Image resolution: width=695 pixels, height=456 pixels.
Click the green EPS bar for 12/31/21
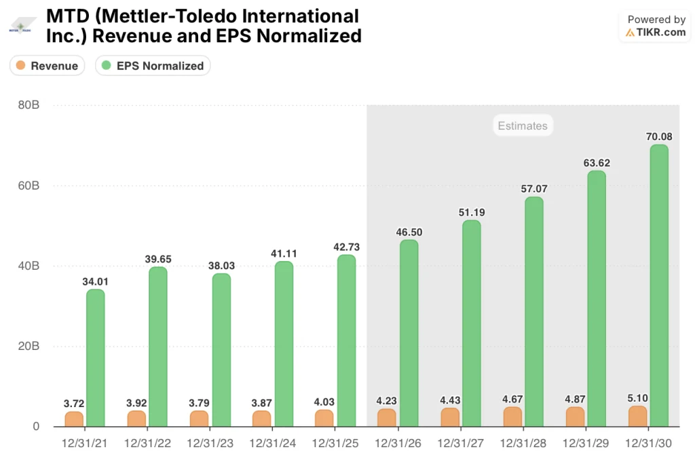point(96,358)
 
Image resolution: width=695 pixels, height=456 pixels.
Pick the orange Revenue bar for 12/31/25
point(324,418)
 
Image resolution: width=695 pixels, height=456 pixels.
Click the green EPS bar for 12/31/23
point(221,350)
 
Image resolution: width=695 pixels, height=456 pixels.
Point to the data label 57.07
point(533,188)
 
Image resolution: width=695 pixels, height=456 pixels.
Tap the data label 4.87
point(575,398)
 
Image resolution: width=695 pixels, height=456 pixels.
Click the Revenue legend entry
point(48,66)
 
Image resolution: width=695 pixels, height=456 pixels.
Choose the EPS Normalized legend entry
point(153,66)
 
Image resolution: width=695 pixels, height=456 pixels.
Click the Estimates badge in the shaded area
point(522,126)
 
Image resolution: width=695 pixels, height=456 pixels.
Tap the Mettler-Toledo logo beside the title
point(21,28)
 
